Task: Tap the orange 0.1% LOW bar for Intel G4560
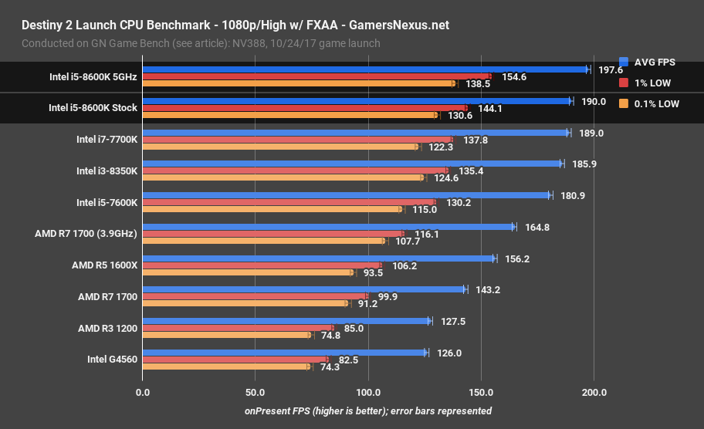point(225,367)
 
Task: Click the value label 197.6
point(611,69)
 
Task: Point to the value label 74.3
point(329,367)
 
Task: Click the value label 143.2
point(487,289)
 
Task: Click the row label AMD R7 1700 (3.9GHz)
point(86,234)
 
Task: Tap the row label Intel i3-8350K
point(107,171)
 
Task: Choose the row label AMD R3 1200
point(107,328)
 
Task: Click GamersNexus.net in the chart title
point(399,25)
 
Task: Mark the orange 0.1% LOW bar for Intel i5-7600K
point(271,209)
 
